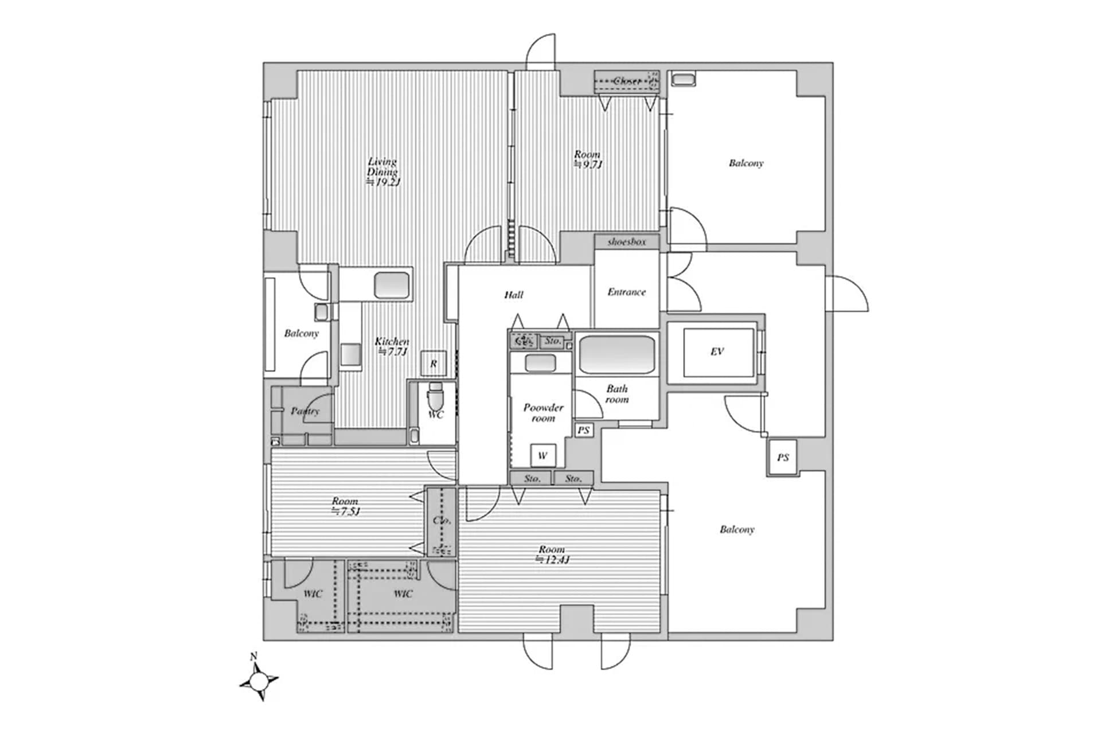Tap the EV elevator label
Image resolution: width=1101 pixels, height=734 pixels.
point(717,352)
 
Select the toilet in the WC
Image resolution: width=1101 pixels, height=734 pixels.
point(436,395)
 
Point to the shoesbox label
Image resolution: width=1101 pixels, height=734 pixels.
point(626,242)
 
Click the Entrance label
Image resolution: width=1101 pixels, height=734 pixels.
point(626,292)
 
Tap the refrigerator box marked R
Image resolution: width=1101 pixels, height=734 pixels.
point(434,364)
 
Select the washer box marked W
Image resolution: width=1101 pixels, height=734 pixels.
point(542,456)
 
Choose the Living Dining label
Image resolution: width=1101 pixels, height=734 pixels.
point(382,166)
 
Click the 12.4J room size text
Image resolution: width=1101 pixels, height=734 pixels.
point(552,560)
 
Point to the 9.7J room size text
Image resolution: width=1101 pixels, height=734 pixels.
point(588,165)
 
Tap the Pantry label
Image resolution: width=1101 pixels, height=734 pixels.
point(304,411)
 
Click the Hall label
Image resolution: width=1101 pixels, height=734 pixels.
point(514,295)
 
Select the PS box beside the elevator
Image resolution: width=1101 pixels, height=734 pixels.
point(783,458)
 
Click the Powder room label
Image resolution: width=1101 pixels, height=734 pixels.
point(543,413)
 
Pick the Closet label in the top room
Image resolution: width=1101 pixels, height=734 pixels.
point(626,81)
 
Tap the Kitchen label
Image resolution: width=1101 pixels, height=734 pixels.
point(392,342)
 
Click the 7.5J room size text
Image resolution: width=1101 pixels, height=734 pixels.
point(345,512)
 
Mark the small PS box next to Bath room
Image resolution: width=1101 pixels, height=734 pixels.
point(583,430)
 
